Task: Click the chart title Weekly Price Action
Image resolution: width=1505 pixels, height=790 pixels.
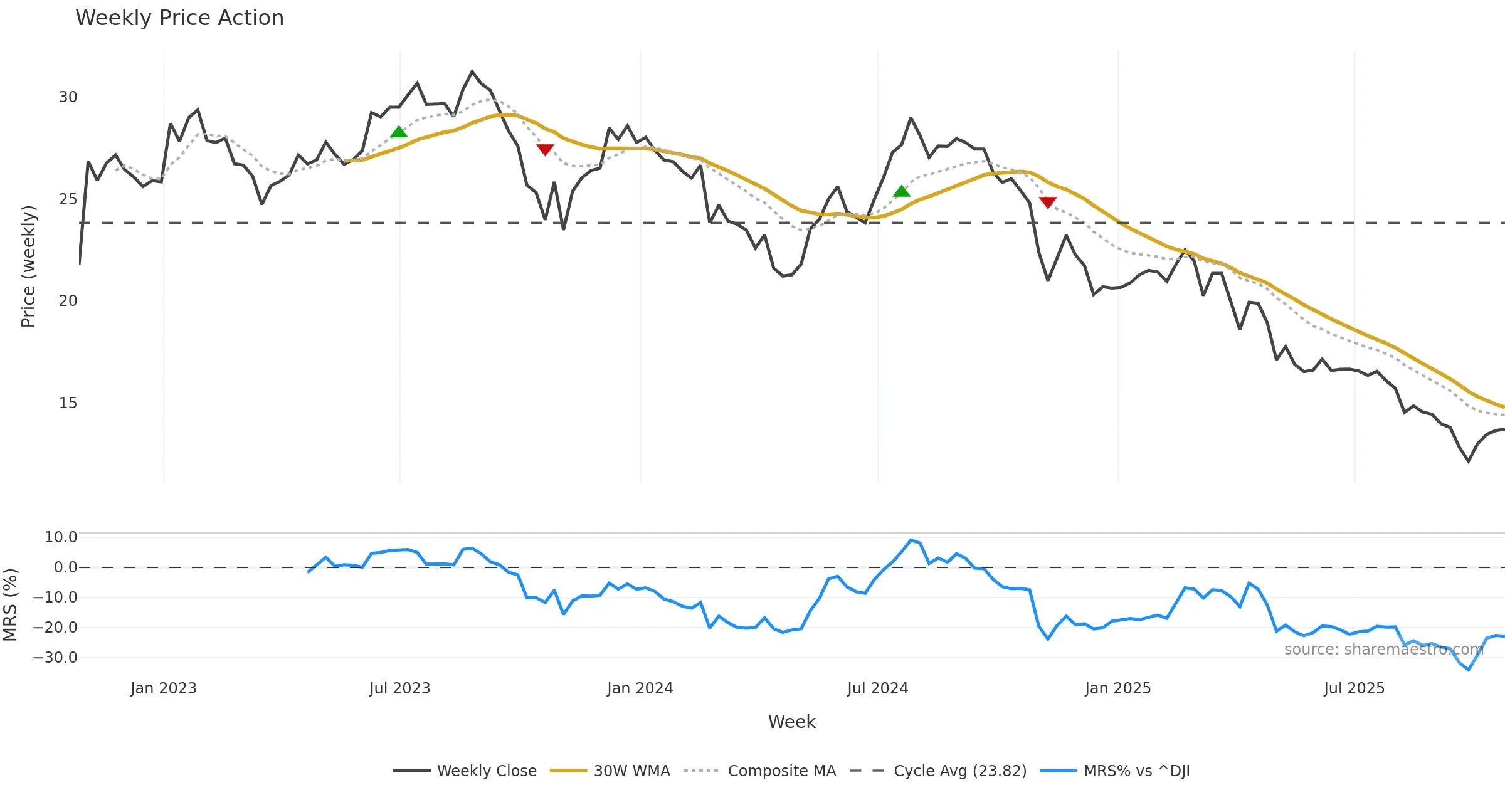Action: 179,18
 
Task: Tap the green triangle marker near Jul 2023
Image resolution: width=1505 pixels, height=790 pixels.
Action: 399,132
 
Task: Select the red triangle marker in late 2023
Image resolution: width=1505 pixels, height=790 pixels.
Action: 545,150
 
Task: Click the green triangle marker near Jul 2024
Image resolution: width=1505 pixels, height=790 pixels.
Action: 901,191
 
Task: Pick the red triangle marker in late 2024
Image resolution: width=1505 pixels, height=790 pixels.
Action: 1048,202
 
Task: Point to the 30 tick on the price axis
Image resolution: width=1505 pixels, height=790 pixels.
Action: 68,97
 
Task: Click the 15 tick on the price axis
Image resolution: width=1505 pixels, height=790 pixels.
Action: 68,403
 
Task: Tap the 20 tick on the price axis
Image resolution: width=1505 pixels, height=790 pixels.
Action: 68,301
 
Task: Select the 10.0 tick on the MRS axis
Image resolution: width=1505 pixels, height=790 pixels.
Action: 61,537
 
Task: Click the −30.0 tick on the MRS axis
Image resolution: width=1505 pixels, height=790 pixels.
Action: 55,658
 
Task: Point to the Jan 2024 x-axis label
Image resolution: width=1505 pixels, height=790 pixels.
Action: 640,688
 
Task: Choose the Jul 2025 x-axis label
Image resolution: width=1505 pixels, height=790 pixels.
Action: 1354,688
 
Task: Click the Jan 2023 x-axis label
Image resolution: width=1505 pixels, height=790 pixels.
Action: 163,688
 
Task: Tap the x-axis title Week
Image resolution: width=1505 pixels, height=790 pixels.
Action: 791,722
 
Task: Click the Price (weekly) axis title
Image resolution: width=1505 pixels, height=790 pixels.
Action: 28,266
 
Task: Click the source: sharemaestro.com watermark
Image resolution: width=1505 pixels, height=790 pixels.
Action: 1383,650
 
